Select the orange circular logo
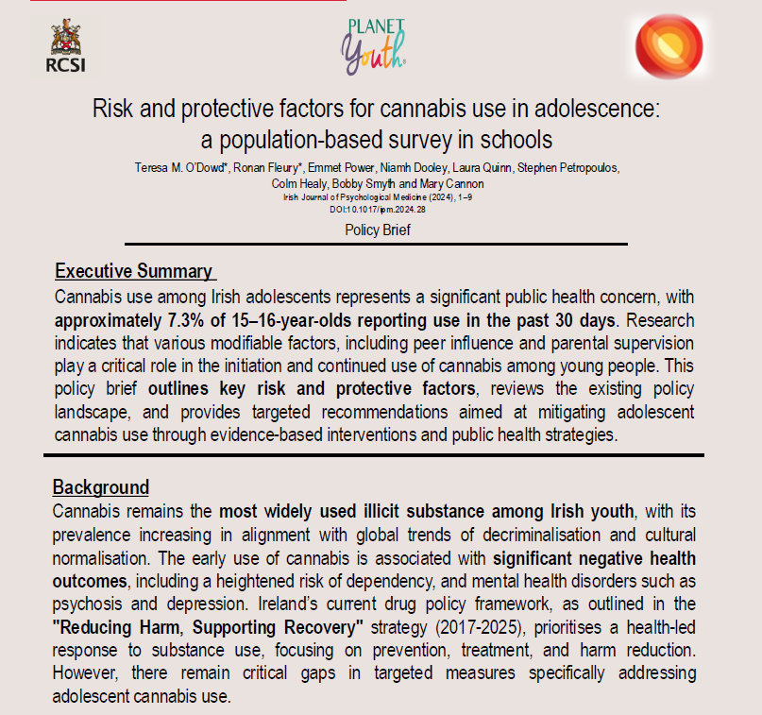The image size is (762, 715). tap(669, 46)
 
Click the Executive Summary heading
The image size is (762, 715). tap(134, 271)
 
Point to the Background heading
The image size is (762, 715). tap(101, 487)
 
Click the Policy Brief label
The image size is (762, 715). tap(377, 230)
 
